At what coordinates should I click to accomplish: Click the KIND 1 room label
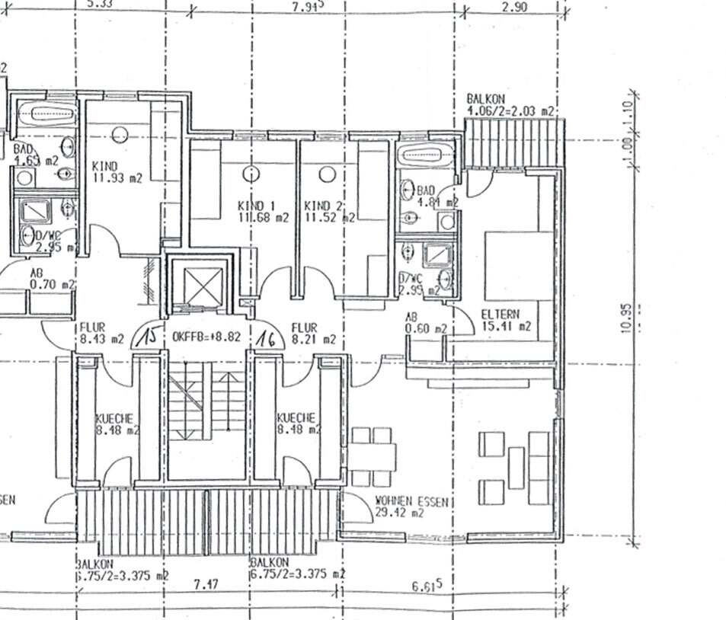[256, 206]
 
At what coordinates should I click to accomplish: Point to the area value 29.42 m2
[398, 514]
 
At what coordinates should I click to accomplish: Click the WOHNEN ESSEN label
[411, 503]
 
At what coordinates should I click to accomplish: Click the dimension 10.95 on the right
[626, 318]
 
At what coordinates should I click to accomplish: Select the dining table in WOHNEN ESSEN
[373, 457]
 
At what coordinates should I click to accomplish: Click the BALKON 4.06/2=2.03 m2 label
[509, 105]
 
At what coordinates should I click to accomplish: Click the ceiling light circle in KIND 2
[327, 174]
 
